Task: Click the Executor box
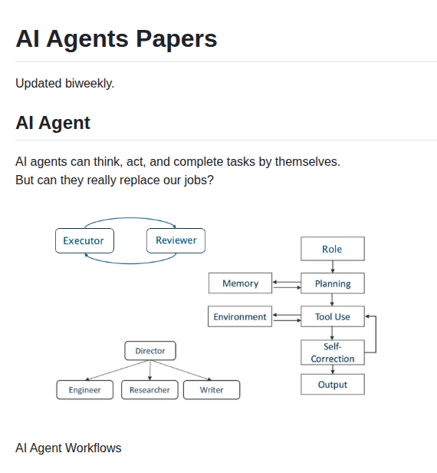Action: tap(84, 240)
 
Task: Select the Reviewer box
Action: tap(176, 240)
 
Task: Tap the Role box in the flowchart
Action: tap(332, 249)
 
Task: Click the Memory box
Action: tap(240, 283)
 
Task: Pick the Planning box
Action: tap(332, 283)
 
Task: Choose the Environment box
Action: tap(240, 316)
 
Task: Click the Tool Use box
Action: tap(332, 316)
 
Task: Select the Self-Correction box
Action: tap(332, 352)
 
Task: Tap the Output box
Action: tap(332, 385)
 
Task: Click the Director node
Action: tap(150, 351)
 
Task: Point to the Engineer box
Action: tap(84, 390)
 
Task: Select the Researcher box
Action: tap(149, 390)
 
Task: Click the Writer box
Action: tap(212, 390)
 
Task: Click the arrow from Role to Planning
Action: tap(332, 266)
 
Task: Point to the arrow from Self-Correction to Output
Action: tap(332, 369)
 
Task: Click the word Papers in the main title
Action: tap(172, 38)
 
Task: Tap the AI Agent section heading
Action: tap(53, 123)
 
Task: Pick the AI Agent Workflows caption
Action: tap(68, 448)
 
